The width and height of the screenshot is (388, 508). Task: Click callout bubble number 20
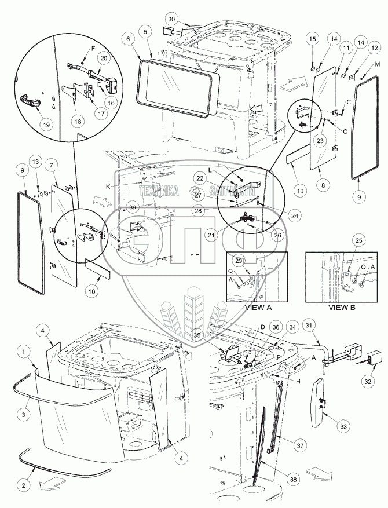(x=104, y=59)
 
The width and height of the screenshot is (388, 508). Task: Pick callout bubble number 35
(x=213, y=334)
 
